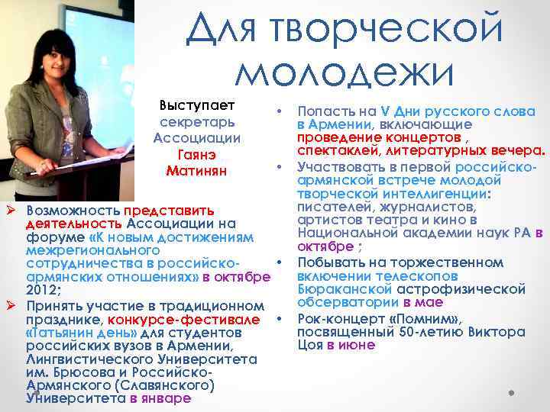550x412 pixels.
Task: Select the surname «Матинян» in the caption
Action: point(196,169)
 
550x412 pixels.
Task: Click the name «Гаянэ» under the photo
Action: point(196,154)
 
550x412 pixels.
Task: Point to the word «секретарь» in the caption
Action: point(197,122)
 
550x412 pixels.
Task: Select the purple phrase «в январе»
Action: point(160,398)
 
